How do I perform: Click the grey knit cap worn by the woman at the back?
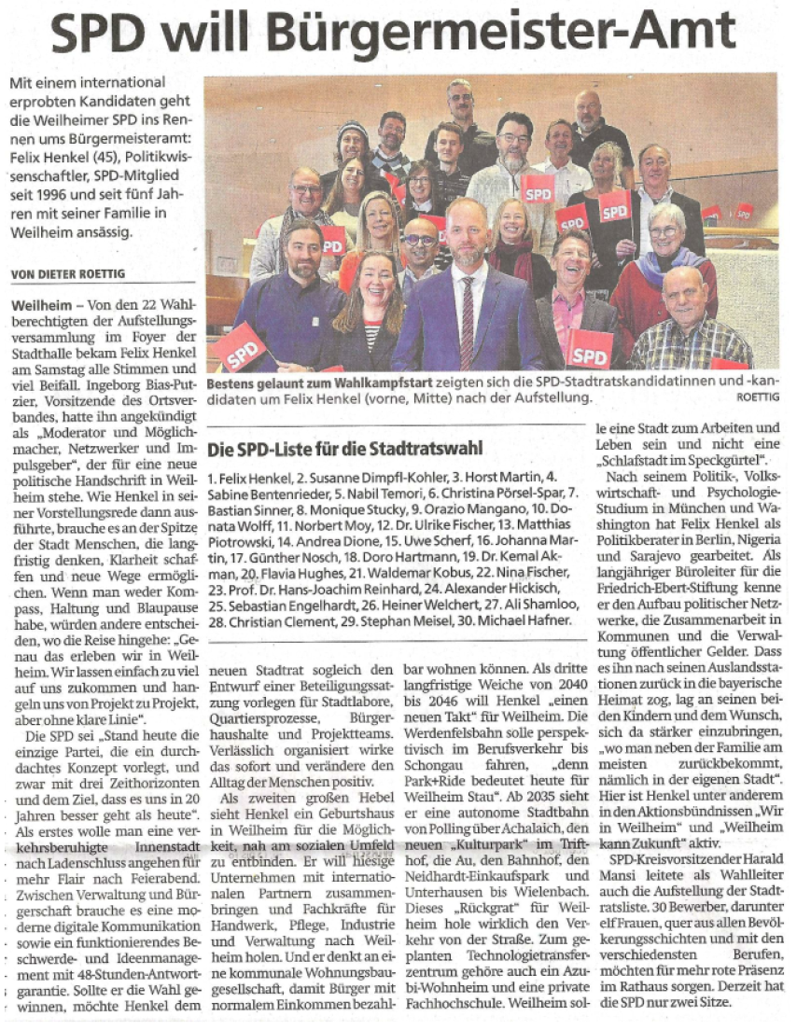click(352, 130)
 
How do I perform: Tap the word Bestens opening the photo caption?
click(233, 383)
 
